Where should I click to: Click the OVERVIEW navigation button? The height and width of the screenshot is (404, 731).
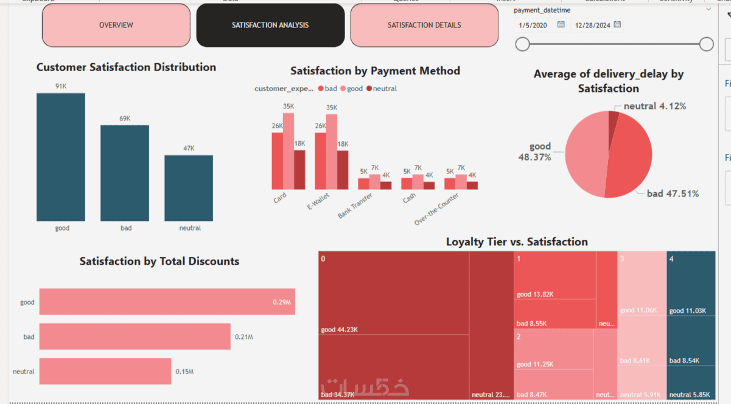(116, 26)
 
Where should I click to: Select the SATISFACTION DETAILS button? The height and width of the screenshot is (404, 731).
(424, 26)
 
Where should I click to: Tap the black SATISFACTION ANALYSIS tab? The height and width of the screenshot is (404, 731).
(270, 26)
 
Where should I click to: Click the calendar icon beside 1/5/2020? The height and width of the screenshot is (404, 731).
(561, 25)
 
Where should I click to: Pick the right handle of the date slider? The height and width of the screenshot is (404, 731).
(706, 44)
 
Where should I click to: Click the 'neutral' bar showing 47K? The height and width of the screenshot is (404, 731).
(189, 188)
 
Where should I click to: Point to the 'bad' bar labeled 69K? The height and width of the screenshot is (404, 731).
(125, 173)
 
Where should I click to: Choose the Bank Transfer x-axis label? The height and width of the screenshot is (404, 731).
(355, 206)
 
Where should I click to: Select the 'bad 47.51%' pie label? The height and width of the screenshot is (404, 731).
(672, 194)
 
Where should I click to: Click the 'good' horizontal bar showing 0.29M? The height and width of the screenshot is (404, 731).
(167, 302)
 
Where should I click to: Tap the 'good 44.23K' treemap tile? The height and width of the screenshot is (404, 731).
(393, 292)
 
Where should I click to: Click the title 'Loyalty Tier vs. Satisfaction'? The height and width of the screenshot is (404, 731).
(517, 242)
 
